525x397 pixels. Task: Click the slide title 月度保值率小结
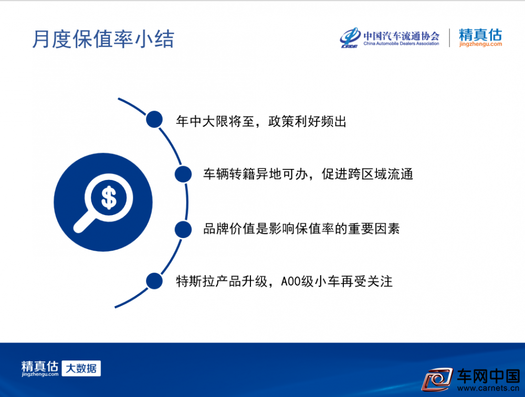pyautogui.click(x=103, y=39)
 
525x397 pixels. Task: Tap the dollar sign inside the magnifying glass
pyautogui.click(x=109, y=198)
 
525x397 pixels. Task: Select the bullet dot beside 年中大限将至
pyautogui.click(x=154, y=120)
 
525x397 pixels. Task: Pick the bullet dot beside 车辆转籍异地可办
pyautogui.click(x=183, y=174)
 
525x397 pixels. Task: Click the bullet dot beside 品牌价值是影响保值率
pyautogui.click(x=183, y=229)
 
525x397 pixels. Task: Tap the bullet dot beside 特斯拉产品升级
pyautogui.click(x=154, y=281)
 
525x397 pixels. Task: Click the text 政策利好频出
pyautogui.click(x=307, y=121)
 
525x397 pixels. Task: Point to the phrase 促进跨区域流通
pyautogui.click(x=367, y=174)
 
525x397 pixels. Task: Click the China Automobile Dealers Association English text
pyautogui.click(x=401, y=44)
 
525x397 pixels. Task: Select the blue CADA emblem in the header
pyautogui.click(x=350, y=37)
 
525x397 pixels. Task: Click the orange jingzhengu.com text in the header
pyautogui.click(x=480, y=44)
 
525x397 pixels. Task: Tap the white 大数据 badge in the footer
pyautogui.click(x=81, y=368)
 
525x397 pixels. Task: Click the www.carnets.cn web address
pyautogui.click(x=488, y=388)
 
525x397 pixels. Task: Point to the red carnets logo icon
pyautogui.click(x=437, y=379)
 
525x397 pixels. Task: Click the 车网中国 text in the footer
pyautogui.click(x=488, y=376)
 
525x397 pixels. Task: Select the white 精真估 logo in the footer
pyautogui.click(x=40, y=368)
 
